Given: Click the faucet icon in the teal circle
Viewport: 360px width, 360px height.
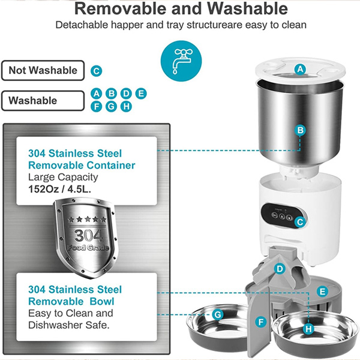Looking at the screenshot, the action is tap(181, 61).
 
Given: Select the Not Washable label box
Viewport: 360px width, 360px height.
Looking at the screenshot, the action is tap(43, 70).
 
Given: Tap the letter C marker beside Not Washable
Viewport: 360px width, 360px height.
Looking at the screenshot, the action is tap(97, 71).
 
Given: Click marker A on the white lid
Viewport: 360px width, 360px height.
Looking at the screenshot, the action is tap(301, 69).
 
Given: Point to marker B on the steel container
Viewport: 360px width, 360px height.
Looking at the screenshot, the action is tap(301, 130).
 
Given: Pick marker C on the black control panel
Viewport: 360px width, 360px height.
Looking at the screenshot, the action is tap(300, 222).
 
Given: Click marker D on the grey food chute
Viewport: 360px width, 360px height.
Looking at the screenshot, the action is tap(280, 269).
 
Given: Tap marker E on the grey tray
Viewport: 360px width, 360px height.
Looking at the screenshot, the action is tap(322, 292).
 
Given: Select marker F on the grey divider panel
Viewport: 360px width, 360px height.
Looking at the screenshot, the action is tap(261, 322).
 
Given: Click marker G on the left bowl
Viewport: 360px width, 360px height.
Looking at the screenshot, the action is tap(217, 314).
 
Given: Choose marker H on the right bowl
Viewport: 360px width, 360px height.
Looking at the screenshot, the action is tap(308, 329).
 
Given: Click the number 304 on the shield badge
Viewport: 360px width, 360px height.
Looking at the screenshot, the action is tap(88, 235).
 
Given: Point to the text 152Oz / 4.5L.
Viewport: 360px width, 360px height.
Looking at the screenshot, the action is tap(59, 189).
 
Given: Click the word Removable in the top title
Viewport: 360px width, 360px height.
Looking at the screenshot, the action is tap(121, 9).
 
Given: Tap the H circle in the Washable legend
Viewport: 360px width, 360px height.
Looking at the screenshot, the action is tap(126, 107).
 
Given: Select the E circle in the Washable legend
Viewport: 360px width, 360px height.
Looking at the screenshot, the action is tap(141, 94).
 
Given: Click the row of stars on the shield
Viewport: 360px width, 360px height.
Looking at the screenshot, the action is tap(87, 219).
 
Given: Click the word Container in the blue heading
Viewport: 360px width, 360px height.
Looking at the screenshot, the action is tap(111, 166).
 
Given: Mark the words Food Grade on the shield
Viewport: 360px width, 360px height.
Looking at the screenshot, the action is tap(88, 247).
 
